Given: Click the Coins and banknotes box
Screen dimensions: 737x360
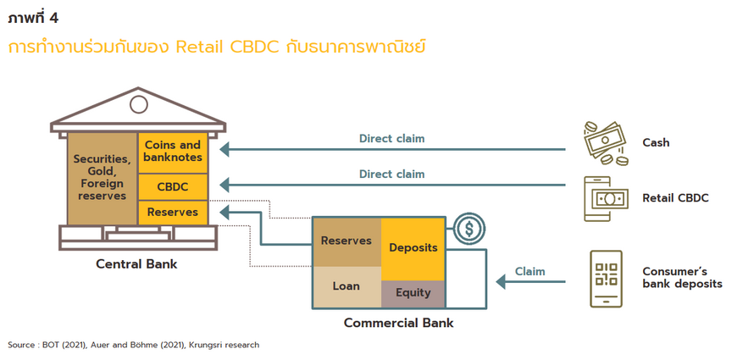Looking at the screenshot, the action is (x=173, y=152).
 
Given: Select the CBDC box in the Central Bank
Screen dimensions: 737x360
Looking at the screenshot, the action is (x=173, y=186).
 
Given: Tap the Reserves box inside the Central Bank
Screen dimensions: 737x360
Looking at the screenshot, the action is (x=173, y=213).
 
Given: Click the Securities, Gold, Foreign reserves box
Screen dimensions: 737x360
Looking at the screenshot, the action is (x=103, y=179).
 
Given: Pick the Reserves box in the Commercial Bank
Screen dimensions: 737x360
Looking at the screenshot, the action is (x=346, y=241).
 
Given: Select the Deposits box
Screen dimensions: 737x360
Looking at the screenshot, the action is (x=413, y=249).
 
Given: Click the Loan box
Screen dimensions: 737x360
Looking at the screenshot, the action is (x=346, y=287).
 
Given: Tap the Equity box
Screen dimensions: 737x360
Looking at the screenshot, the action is (x=413, y=294).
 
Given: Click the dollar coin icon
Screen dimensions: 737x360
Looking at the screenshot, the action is (x=469, y=229).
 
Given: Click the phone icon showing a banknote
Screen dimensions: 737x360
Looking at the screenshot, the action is (x=606, y=199).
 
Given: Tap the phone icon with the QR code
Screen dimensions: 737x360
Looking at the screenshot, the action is (x=607, y=279).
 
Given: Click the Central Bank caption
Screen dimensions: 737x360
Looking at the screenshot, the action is (x=136, y=263).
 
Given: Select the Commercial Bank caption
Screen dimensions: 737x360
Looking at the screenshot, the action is (x=399, y=324).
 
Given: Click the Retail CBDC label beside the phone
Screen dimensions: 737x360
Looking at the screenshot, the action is (x=675, y=198).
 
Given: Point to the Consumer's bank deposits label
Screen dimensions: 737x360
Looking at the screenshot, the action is (x=682, y=278).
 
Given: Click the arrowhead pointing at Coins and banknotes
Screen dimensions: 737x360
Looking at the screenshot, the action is (x=224, y=149).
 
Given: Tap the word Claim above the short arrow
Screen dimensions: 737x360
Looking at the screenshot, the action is (x=530, y=271).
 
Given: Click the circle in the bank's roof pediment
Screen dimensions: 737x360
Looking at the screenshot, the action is (x=139, y=104).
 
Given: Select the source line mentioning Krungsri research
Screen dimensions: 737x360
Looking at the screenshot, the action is (x=134, y=345).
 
